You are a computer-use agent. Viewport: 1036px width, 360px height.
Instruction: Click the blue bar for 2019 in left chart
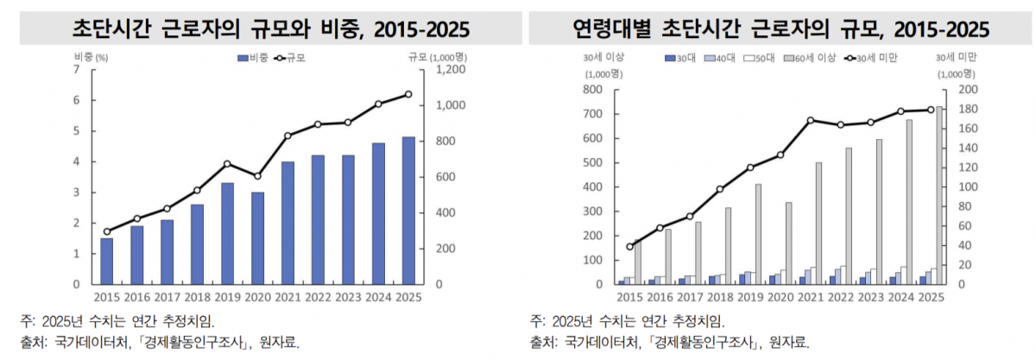(227, 233)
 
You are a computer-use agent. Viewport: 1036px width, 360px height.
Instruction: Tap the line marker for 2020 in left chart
(257, 176)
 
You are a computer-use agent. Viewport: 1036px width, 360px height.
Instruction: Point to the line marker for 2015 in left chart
(106, 231)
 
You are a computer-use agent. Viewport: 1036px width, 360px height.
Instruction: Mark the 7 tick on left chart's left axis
(77, 69)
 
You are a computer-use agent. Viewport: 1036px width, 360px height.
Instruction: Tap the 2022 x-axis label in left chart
(318, 297)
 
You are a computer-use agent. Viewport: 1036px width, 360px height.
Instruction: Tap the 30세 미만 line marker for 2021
(811, 120)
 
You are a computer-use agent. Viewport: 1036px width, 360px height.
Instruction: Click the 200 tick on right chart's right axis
(969, 89)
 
